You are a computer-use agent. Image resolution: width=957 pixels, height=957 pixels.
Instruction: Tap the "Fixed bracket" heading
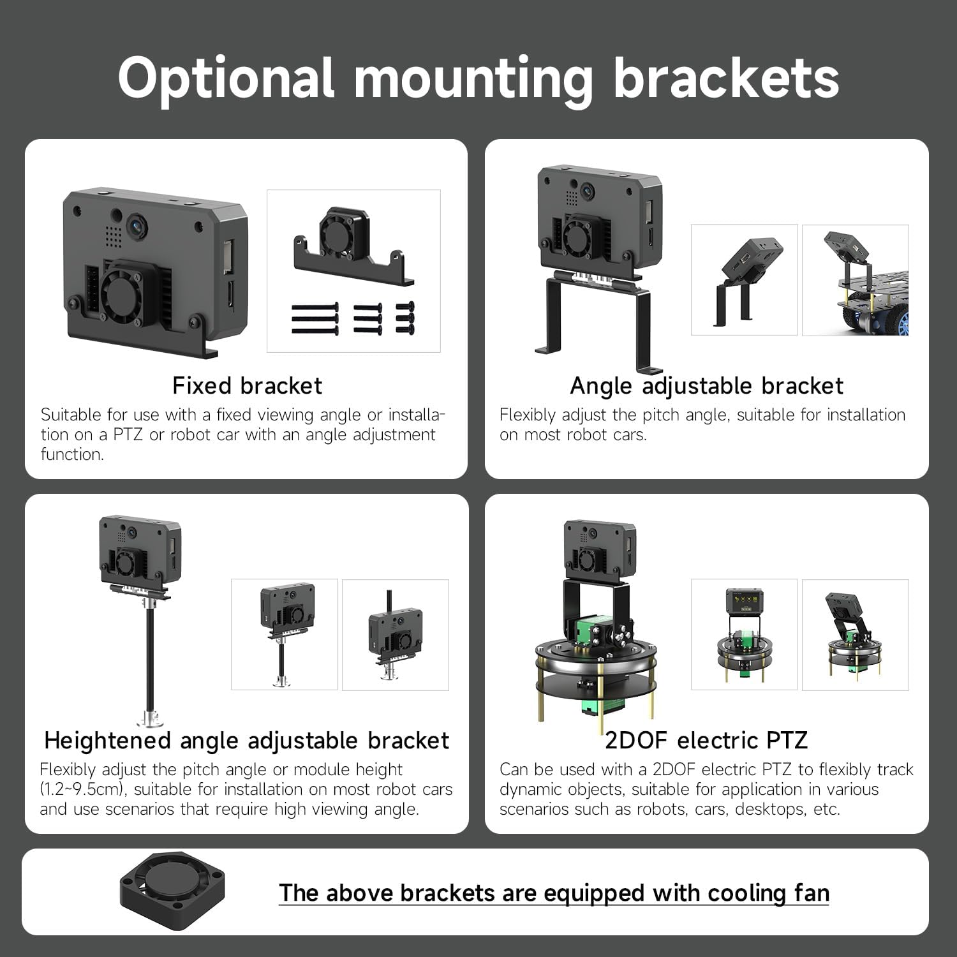click(x=247, y=386)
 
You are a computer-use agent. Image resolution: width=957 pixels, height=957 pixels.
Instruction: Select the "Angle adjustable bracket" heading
click(x=706, y=386)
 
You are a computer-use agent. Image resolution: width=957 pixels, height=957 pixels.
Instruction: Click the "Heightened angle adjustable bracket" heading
click(x=246, y=741)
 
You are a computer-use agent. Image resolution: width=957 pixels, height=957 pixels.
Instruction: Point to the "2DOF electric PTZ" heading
click(x=706, y=741)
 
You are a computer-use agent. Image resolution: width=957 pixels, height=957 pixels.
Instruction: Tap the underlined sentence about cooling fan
click(x=554, y=893)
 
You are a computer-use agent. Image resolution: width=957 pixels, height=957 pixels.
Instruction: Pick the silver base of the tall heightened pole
click(x=151, y=717)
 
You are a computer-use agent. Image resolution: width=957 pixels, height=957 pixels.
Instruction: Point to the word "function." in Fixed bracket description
click(x=72, y=454)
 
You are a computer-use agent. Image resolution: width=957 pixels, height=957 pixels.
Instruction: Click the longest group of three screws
click(x=315, y=318)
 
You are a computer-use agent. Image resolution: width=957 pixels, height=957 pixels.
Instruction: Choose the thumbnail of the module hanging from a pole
click(x=396, y=635)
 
